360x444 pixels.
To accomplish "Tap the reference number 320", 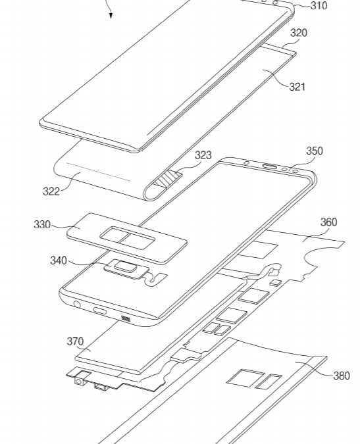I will (x=298, y=33).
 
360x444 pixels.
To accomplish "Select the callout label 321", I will (x=297, y=86).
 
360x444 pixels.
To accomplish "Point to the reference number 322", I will (x=51, y=191).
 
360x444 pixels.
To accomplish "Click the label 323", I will (x=203, y=156).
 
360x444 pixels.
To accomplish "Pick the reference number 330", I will (x=42, y=225).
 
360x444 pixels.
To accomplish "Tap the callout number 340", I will (x=59, y=260).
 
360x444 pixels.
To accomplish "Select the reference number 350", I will (x=315, y=151).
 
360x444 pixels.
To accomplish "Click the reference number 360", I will (x=328, y=222).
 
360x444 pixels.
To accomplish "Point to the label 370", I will (x=75, y=341).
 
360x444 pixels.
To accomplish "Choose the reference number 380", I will (x=342, y=376).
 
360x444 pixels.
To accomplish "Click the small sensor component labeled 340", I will (x=125, y=267).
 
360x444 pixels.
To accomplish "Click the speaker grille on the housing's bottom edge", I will (x=126, y=319).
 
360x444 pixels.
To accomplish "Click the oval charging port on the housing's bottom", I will (x=101, y=310).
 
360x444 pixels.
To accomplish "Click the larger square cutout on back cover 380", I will (x=240, y=377).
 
